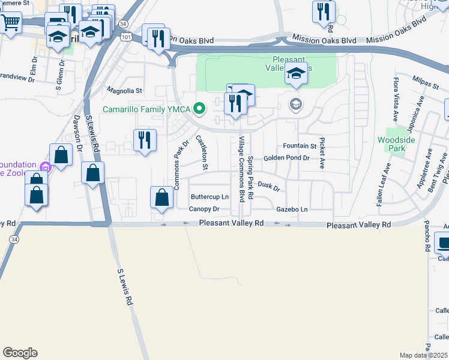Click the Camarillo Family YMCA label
click(146, 109)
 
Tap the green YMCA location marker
click(201, 109)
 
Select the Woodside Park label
click(396, 144)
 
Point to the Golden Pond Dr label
click(286, 158)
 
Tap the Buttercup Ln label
click(209, 197)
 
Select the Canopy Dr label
click(204, 209)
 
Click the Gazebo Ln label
click(292, 209)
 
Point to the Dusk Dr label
click(269, 187)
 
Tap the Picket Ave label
click(322, 152)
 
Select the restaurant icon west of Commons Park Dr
click(144, 140)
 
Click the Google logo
click(20, 353)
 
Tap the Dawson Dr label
click(77, 129)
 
